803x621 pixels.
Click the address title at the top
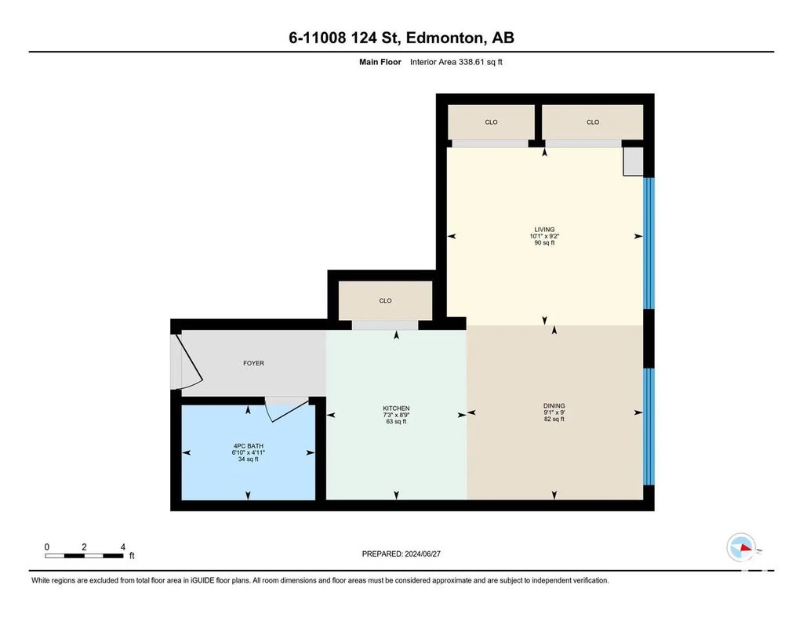click(x=401, y=38)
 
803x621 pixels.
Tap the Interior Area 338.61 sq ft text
click(x=456, y=62)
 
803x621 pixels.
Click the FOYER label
click(x=253, y=363)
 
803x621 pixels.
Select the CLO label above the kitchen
click(x=385, y=300)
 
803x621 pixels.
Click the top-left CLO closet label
click(x=491, y=122)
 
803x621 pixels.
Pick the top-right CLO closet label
click(x=593, y=122)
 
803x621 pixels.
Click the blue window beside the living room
click(x=648, y=243)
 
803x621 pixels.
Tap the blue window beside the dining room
click(x=648, y=427)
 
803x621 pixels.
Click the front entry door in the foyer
click(x=187, y=361)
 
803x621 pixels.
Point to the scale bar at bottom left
click(x=85, y=555)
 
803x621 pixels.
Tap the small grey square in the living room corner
click(x=633, y=161)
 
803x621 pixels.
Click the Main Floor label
click(x=380, y=62)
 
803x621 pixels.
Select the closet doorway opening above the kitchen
click(x=384, y=325)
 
